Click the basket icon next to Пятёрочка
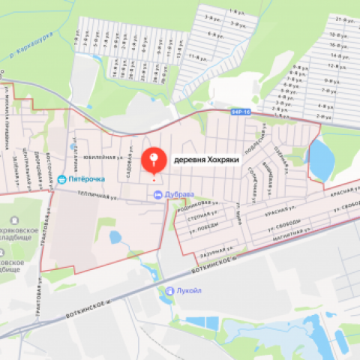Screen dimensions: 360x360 pos(61,180)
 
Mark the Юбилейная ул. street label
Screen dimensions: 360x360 pos(100,157)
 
